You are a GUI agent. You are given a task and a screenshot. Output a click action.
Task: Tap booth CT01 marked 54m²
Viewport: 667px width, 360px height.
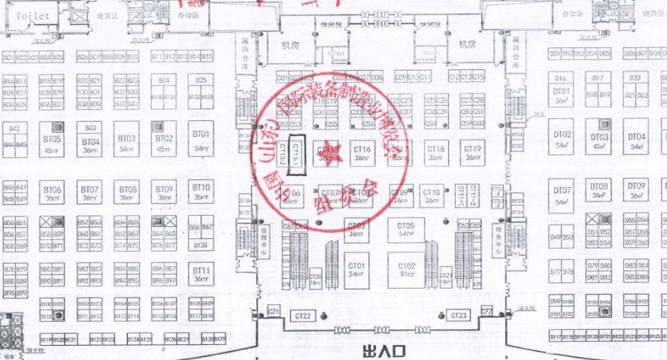pos(356,270)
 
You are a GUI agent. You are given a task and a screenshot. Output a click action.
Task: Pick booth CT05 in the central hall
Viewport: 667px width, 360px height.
pos(406,228)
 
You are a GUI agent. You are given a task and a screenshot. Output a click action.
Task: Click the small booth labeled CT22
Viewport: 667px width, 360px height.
pos(303,316)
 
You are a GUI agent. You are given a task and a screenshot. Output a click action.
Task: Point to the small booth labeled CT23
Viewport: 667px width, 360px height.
pos(459,314)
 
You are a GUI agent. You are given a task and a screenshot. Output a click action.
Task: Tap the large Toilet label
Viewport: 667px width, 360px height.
pos(32,15)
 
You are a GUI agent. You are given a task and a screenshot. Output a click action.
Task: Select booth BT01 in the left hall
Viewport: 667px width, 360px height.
pos(201,139)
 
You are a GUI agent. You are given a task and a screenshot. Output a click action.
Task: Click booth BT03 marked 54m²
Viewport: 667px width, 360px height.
pos(127,142)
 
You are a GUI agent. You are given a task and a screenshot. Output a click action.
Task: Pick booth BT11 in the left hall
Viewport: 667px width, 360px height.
pos(200,273)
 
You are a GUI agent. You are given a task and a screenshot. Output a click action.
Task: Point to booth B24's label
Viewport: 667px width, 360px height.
pos(164,79)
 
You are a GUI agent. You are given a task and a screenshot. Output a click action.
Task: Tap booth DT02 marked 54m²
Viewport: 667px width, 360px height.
pos(562,139)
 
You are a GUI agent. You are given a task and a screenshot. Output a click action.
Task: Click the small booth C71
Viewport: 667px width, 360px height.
pos(274,311)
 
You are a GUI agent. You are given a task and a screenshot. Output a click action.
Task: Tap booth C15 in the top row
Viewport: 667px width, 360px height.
pos(479,77)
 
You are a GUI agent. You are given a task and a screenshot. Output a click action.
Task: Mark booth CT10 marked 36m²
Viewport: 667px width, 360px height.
pos(432,195)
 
